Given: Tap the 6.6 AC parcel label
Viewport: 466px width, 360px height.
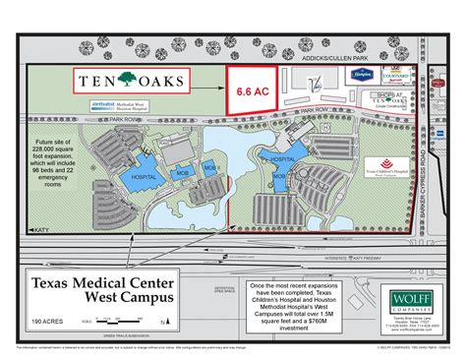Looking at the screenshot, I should pyautogui.click(x=251, y=90).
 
